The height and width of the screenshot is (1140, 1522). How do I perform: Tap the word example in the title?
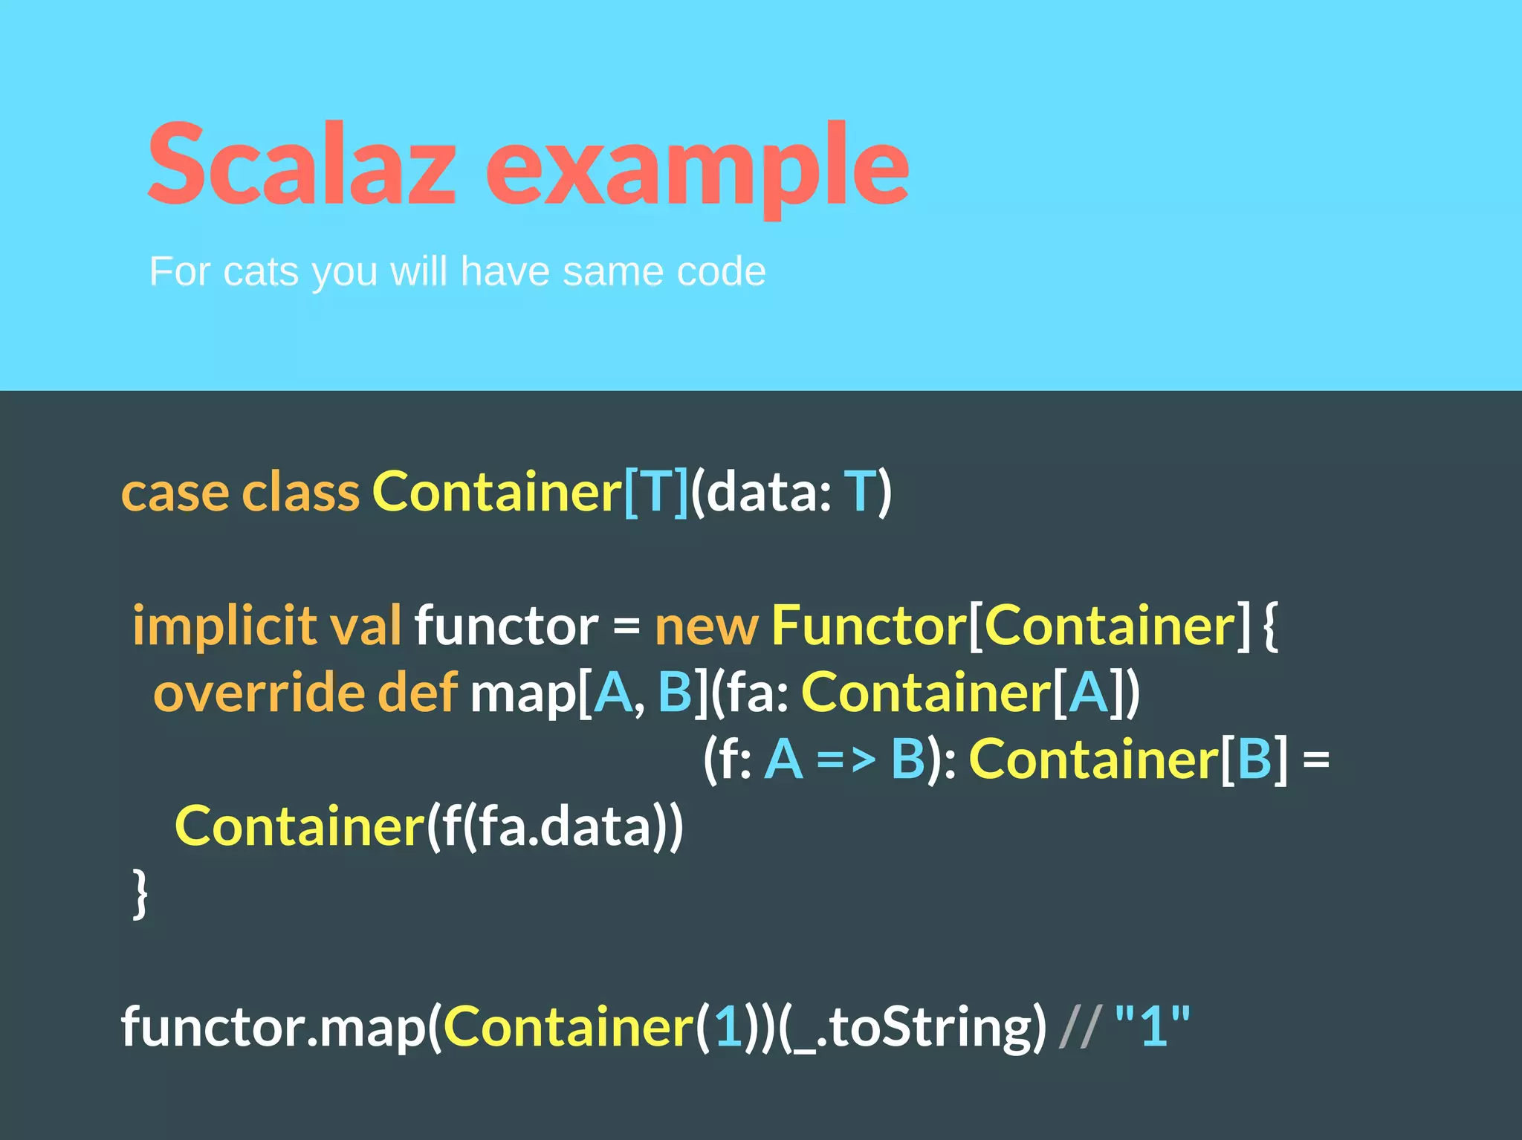(697, 167)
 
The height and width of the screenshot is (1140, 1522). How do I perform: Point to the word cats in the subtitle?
(261, 272)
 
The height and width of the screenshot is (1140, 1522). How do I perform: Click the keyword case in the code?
(175, 492)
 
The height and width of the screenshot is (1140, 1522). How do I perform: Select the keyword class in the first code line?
(300, 492)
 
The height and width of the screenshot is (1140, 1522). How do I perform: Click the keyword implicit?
(224, 626)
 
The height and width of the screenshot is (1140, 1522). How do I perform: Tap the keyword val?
(365, 626)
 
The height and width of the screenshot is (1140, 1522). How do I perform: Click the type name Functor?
(868, 626)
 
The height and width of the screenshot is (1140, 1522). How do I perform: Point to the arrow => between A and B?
(846, 760)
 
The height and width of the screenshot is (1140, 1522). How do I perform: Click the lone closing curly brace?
(140, 893)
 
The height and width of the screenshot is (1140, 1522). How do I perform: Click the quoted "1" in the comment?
(1153, 1026)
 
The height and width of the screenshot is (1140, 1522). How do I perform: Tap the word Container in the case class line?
(496, 492)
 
